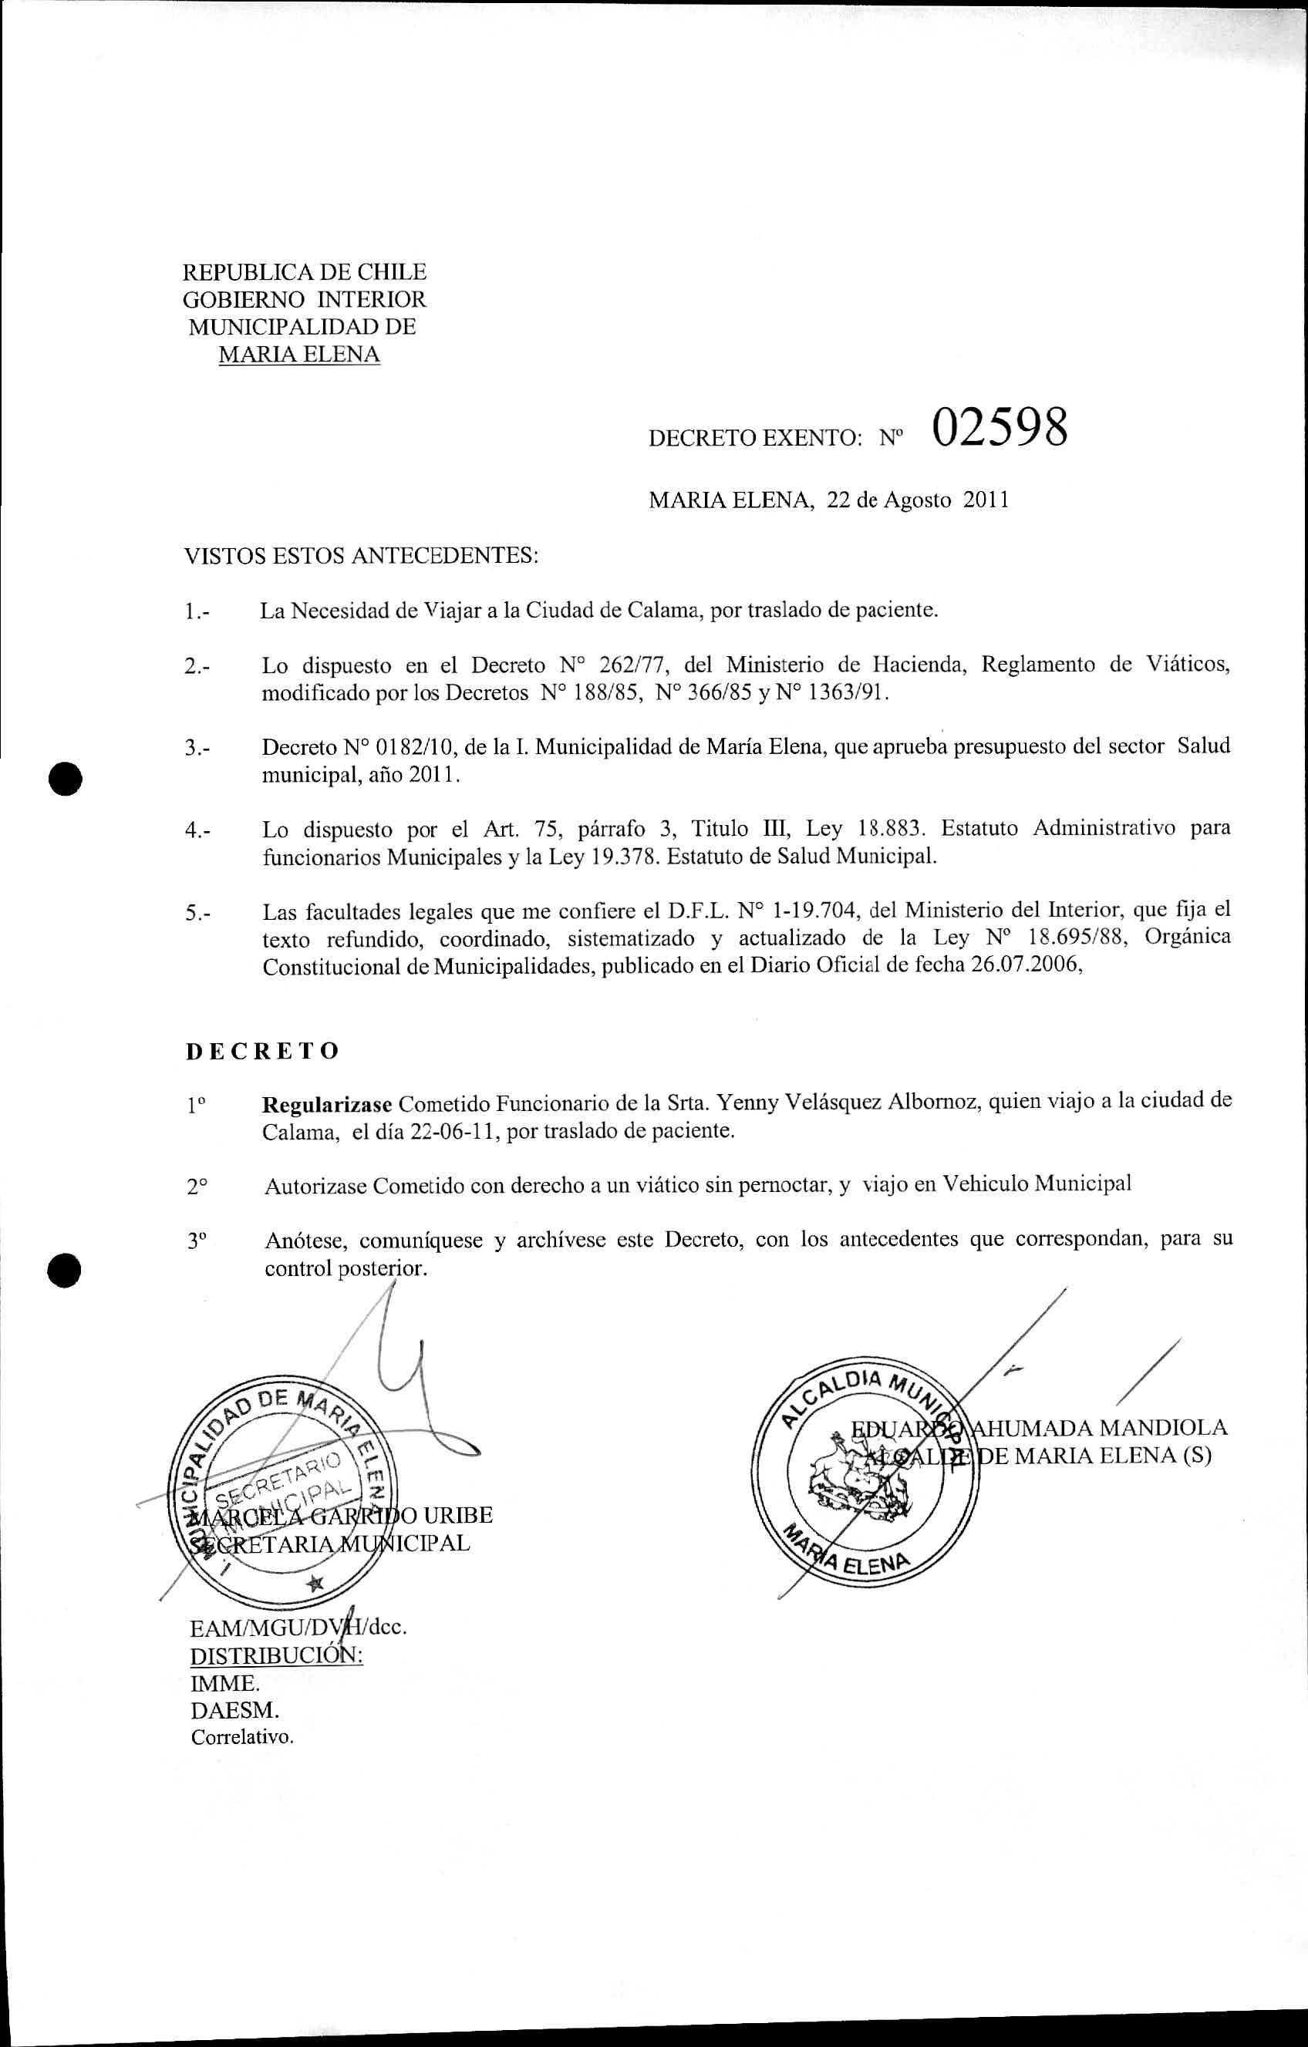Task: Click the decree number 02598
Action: coord(1000,429)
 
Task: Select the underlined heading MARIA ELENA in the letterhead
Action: coord(298,355)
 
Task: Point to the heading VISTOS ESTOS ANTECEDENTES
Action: coord(362,556)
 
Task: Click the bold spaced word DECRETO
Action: coord(263,1051)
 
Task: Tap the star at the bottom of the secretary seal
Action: coord(316,1582)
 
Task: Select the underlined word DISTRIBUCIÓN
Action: coord(276,1656)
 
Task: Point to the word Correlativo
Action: coord(242,1738)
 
